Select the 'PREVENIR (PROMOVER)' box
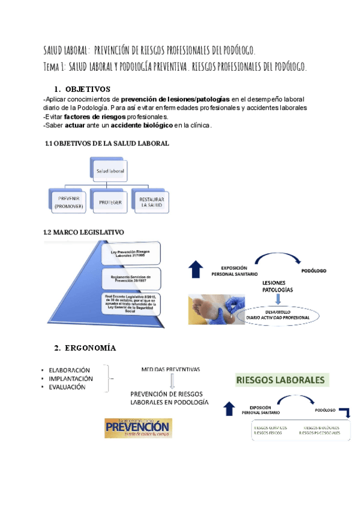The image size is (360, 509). coord(69,203)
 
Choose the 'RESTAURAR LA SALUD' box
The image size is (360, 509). coord(152,203)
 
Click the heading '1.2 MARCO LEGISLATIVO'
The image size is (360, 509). coord(83,232)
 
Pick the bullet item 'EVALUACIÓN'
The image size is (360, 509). coord(68,387)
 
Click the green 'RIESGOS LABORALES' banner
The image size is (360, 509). coord(281,380)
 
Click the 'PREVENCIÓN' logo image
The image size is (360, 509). coord(138,428)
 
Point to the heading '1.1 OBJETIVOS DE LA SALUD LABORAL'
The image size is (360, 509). coord(107,143)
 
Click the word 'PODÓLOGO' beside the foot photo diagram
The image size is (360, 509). coord(314,271)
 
